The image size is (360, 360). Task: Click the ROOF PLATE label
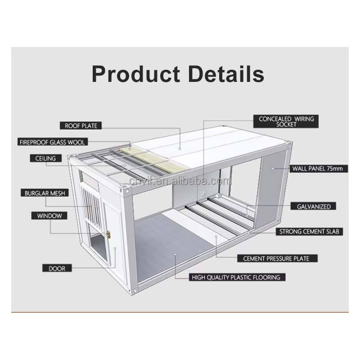(81, 126)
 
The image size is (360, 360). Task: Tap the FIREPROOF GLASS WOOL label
(52, 142)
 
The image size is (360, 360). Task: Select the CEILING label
(45, 158)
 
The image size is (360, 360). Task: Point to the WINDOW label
(49, 216)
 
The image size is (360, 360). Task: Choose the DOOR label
(54, 268)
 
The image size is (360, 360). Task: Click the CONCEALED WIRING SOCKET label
(287, 121)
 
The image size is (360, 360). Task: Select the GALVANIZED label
(314, 207)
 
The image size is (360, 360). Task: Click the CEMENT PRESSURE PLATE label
(276, 258)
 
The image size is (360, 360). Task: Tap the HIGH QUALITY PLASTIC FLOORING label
(236, 277)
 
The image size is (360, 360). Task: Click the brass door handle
(108, 233)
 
